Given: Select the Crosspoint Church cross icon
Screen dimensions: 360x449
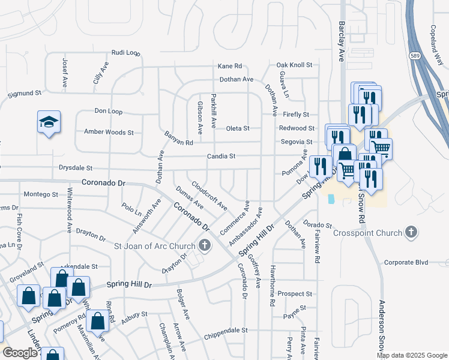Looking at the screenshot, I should [411, 232].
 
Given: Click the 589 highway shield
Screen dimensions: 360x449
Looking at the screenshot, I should [414, 55].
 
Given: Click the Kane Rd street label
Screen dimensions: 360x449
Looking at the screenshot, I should [229, 66].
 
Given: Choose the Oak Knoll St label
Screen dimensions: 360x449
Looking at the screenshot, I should [294, 65].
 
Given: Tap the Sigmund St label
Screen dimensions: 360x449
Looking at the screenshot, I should [24, 94].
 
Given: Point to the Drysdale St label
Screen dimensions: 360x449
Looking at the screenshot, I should [76, 169].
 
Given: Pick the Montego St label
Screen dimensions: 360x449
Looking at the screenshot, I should [40, 194].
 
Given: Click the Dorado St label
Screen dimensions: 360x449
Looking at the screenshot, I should [317, 225].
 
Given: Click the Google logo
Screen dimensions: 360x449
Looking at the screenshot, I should [20, 353].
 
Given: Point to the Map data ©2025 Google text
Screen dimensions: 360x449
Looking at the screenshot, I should [411, 355].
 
